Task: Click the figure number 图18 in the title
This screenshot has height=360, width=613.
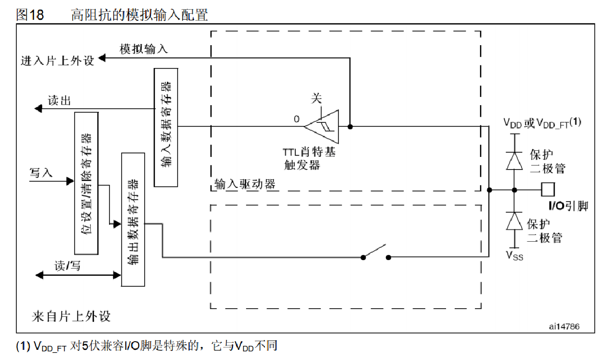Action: pyautogui.click(x=30, y=15)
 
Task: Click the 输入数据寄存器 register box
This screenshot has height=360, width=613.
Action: pyautogui.click(x=166, y=127)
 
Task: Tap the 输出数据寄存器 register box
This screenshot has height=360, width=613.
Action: pyautogui.click(x=133, y=218)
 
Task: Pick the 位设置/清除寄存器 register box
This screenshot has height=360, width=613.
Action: pyautogui.click(x=86, y=183)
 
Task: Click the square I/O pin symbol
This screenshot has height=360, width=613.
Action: pyautogui.click(x=548, y=190)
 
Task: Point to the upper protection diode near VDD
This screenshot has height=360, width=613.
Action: pyautogui.click(x=515, y=160)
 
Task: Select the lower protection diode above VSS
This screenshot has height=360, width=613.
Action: pyautogui.click(x=515, y=221)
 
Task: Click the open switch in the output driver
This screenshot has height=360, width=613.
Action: pyautogui.click(x=376, y=253)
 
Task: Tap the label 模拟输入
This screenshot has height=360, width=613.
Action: pyautogui.click(x=144, y=49)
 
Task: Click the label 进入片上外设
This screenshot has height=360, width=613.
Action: pyautogui.click(x=57, y=61)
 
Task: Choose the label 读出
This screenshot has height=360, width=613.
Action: pyautogui.click(x=59, y=100)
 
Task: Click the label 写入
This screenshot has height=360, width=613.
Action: pyautogui.click(x=41, y=173)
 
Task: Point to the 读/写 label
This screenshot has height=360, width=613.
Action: pyautogui.click(x=67, y=266)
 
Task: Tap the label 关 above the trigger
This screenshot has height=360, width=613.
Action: pyautogui.click(x=317, y=98)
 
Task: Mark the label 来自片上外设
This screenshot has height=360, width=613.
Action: pyautogui.click(x=71, y=317)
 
